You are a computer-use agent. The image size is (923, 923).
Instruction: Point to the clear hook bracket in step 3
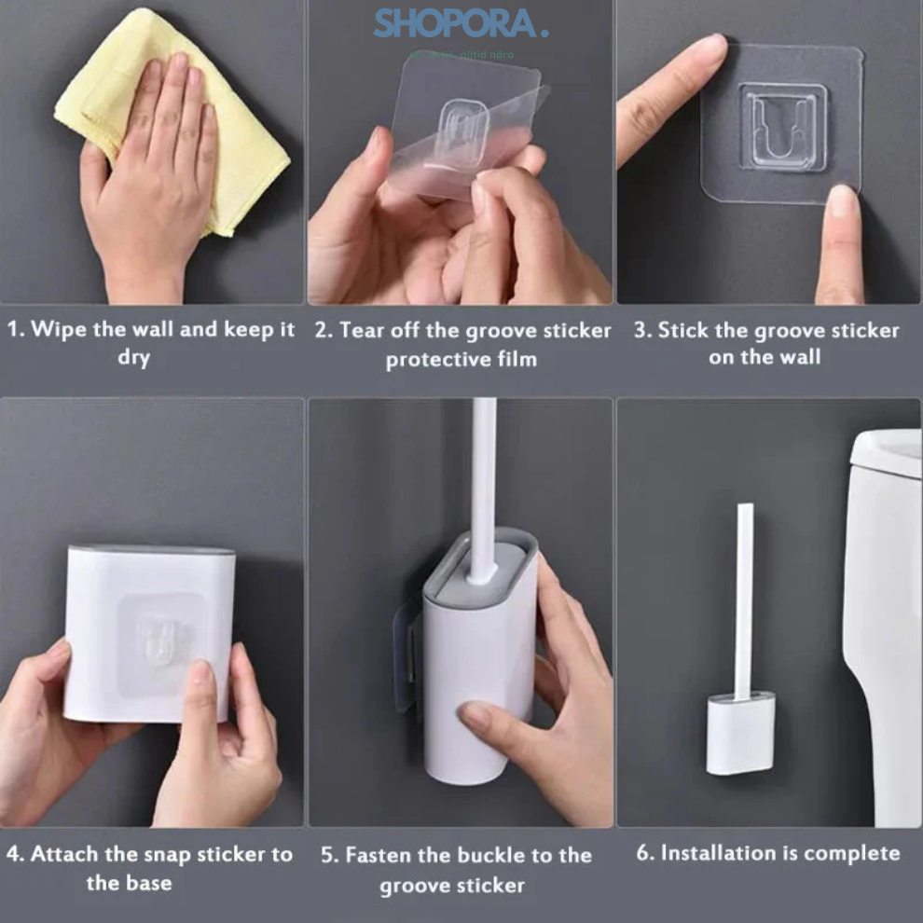pyautogui.click(x=783, y=126)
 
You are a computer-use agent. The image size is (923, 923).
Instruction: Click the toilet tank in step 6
pyautogui.click(x=885, y=606)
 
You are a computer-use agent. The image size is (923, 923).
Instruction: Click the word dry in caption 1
pyautogui.click(x=133, y=358)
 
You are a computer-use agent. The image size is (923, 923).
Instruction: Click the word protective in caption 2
pyautogui.click(x=432, y=359)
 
